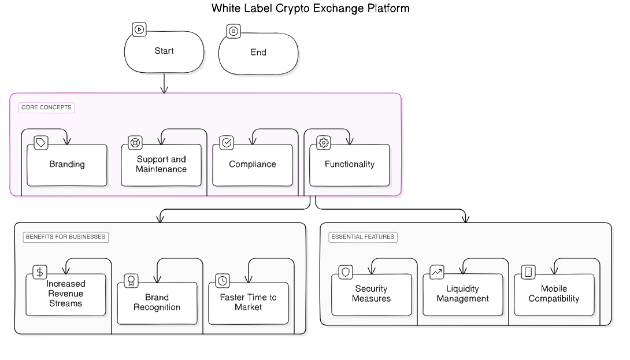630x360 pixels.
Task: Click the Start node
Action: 164,52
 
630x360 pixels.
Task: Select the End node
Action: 258,53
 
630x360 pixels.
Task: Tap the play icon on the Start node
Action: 139,29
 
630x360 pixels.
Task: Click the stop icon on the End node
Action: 233,31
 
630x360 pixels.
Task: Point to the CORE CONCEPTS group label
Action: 46,107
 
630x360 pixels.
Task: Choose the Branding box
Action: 67,165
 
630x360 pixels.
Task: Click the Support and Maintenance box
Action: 161,165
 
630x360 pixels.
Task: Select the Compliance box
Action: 253,165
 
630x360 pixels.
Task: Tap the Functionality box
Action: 349,165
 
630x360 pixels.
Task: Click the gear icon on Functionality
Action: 324,143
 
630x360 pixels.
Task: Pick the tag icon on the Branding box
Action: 41,143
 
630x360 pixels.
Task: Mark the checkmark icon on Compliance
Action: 227,143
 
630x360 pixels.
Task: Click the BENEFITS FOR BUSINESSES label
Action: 65,237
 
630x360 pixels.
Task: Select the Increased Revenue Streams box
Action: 66,294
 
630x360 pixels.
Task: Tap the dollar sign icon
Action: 39,272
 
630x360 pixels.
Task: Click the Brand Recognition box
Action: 157,302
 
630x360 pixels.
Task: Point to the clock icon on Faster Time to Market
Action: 223,281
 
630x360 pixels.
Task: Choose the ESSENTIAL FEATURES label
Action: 364,237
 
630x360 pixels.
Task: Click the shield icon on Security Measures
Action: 345,272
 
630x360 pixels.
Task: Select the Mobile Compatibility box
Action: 554,294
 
